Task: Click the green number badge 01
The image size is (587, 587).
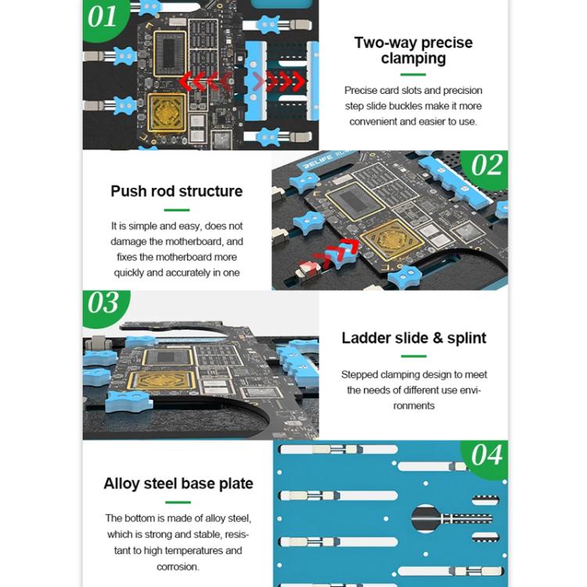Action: [103, 16]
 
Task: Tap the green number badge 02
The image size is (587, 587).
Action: [486, 165]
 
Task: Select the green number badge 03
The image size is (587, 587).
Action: [103, 303]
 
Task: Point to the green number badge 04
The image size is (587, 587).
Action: [486, 453]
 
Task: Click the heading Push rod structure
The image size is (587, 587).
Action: [177, 191]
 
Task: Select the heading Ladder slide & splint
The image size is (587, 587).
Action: [413, 338]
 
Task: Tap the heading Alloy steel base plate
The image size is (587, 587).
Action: [178, 484]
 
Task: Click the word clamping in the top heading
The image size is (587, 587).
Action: [413, 59]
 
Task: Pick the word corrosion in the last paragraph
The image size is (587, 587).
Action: [178, 567]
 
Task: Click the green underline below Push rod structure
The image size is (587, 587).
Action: [177, 210]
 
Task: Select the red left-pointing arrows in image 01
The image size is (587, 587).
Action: [204, 81]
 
